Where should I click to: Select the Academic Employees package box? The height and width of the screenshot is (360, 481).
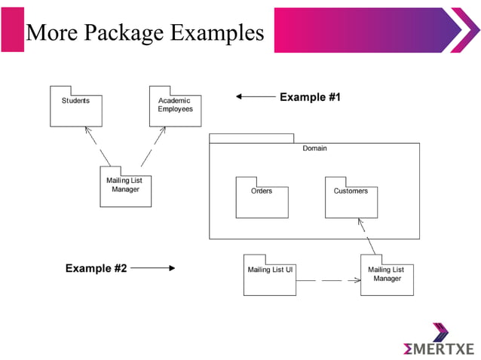pyautogui.click(x=175, y=108)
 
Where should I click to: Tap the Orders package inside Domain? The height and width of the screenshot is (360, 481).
pyautogui.click(x=262, y=200)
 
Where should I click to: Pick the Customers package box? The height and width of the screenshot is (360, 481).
pyautogui.click(x=351, y=200)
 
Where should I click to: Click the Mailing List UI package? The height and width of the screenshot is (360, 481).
pyautogui.click(x=269, y=276)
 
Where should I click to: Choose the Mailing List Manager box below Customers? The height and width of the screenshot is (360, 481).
pyautogui.click(x=386, y=277)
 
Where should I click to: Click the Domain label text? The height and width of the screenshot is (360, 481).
pyautogui.click(x=314, y=148)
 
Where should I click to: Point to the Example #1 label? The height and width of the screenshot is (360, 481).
pyautogui.click(x=310, y=97)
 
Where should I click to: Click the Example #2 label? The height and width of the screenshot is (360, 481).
pyautogui.click(x=96, y=267)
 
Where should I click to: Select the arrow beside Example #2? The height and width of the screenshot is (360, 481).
pyautogui.click(x=153, y=267)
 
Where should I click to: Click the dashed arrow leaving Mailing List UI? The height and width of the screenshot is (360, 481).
pyautogui.click(x=328, y=280)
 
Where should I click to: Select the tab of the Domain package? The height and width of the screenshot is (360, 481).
pyautogui.click(x=251, y=138)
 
